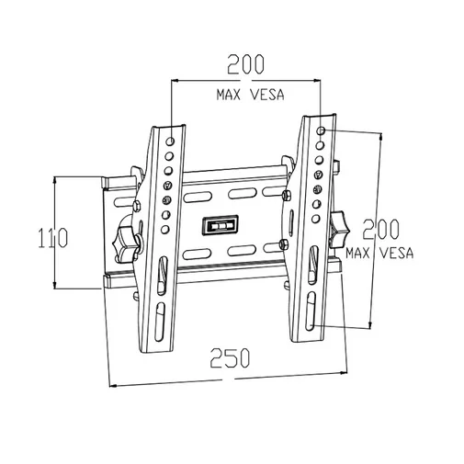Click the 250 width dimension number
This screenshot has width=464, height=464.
tap(230, 357)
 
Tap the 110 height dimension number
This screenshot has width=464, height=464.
tap(52, 238)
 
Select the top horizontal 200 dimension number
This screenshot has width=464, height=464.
tap(245, 64)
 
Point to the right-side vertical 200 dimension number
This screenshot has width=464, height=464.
tap(381, 229)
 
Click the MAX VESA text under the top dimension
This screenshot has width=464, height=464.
tap(251, 95)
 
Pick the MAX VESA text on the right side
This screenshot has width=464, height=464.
tap(379, 253)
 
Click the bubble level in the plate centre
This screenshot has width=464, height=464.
tap(221, 225)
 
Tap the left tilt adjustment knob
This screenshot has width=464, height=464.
tap(125, 243)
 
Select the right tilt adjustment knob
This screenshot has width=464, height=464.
tap(339, 229)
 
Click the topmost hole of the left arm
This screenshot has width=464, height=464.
tap(171, 141)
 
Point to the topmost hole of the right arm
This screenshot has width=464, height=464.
tap(321, 130)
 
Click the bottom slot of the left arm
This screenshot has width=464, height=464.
tap(160, 323)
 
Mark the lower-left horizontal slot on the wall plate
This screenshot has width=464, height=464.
tap(197, 254)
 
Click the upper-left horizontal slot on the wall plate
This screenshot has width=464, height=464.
tap(198, 198)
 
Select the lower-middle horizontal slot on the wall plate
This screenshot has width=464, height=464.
tap(242, 250)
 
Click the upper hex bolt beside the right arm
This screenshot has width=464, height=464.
tap(287, 196)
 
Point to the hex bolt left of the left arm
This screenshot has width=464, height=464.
tap(136, 206)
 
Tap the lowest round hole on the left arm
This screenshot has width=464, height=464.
tap(164, 229)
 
